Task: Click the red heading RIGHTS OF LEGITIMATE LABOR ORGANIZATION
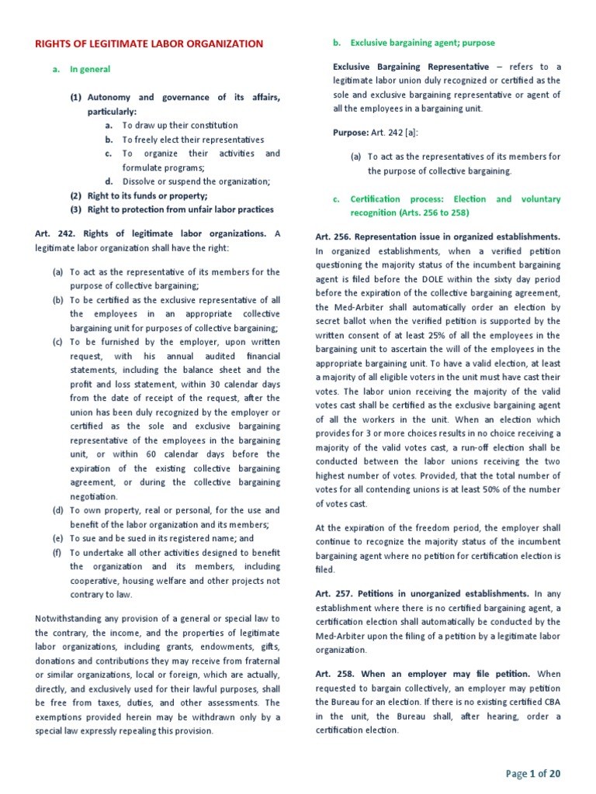click(149, 44)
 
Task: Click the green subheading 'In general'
click(90, 69)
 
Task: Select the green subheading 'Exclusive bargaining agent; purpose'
click(422, 43)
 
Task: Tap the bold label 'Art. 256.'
click(334, 236)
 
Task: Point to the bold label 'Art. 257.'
click(334, 593)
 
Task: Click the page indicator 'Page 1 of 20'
click(533, 773)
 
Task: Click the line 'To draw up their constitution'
click(180, 126)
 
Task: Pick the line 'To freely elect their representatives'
click(193, 140)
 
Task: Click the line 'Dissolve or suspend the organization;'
click(196, 181)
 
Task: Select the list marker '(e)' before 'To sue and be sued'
click(57, 538)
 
